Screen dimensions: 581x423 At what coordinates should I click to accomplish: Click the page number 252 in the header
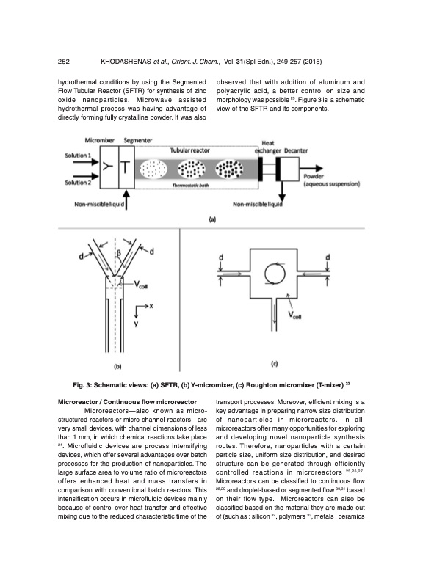(65, 61)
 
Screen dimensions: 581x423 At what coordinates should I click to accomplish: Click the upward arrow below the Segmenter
(128, 197)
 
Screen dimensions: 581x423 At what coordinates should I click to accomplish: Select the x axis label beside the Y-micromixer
(151, 307)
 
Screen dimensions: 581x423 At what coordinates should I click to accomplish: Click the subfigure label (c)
(273, 363)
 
